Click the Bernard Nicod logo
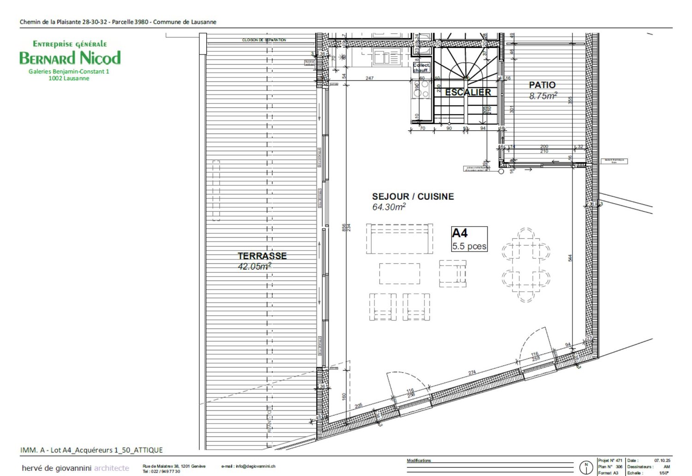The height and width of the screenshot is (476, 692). point(70,58)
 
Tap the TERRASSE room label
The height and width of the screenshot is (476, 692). point(262,256)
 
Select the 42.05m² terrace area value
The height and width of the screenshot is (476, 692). point(254,266)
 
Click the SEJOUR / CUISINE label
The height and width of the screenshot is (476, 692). point(413,197)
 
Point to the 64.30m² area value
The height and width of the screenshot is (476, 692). point(389,207)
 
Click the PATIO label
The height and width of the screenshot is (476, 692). point(542,85)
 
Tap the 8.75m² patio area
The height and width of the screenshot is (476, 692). point(543,96)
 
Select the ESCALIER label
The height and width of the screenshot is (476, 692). point(468,92)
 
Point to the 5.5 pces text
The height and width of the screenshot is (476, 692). point(469,246)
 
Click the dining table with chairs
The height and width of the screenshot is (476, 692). point(526,265)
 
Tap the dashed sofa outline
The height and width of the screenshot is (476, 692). point(400,239)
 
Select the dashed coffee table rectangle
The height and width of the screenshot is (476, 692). point(400,273)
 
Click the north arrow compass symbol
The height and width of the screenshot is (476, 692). point(586,467)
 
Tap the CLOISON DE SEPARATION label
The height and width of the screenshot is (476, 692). point(264,40)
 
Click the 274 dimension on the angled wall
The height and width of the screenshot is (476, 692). point(472,373)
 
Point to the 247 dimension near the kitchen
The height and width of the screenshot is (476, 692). point(370,78)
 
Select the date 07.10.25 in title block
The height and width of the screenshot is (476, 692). point(662,460)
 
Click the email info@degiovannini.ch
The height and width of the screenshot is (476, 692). point(248,466)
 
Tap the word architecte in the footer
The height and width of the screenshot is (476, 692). point(112,468)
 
